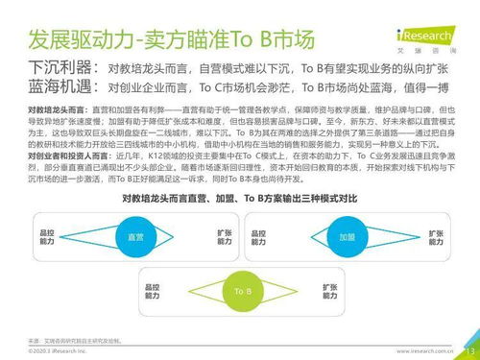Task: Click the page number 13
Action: (x=468, y=348)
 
